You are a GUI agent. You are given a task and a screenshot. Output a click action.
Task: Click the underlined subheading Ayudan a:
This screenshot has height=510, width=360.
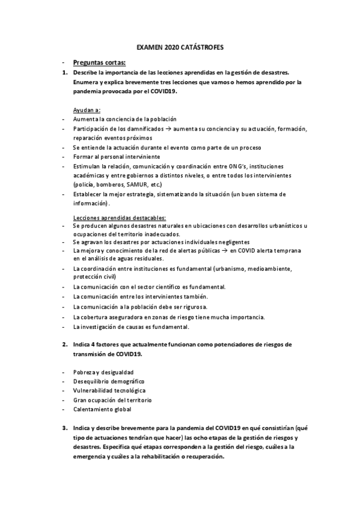click(87, 110)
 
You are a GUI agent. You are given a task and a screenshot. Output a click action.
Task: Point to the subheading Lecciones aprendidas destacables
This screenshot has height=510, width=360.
click(119, 217)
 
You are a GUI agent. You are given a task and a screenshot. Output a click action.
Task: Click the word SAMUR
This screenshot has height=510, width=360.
click(143, 184)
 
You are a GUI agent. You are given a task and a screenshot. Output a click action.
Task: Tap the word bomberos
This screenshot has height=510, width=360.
click(117, 184)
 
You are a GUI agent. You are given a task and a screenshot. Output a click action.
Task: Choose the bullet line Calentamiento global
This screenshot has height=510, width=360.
click(102, 409)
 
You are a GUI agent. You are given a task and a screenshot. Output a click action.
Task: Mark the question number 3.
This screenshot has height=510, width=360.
click(64, 428)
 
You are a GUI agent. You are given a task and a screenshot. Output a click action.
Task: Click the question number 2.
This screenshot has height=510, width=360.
click(64, 344)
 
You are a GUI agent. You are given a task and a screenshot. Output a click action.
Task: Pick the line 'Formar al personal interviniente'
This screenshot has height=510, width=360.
click(112, 156)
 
